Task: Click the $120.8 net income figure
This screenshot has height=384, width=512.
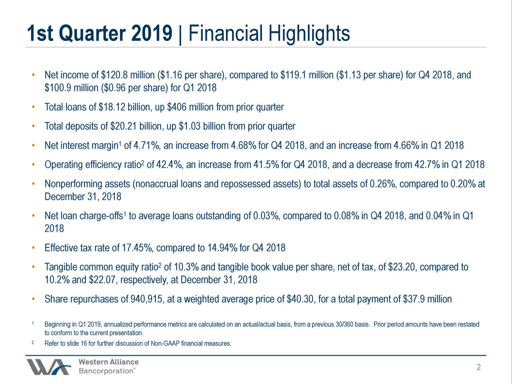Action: pos(114,75)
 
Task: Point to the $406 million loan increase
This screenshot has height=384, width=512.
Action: pos(176,107)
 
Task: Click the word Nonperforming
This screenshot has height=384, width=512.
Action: pos(74,184)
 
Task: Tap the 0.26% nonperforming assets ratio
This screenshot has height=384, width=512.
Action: pos(383,184)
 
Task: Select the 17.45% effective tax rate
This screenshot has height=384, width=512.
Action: pos(136,248)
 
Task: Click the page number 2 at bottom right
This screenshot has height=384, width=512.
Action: pos(478,368)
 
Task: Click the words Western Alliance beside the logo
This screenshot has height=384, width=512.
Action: pos(108,362)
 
